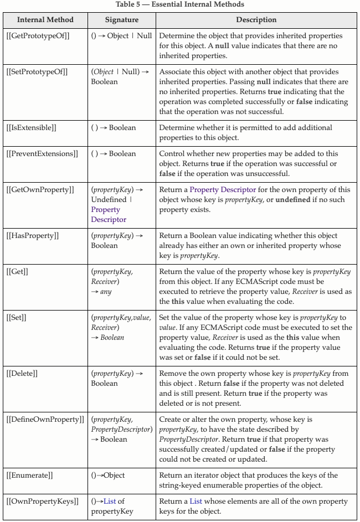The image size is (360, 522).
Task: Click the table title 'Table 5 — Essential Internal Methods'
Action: click(180, 4)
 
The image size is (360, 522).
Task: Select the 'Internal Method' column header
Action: click(45, 20)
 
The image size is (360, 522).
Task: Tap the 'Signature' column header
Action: click(122, 20)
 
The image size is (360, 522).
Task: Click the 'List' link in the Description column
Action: click(196, 502)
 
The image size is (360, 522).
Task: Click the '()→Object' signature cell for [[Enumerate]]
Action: click(108, 476)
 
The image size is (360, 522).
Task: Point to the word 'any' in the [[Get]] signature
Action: click(106, 292)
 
